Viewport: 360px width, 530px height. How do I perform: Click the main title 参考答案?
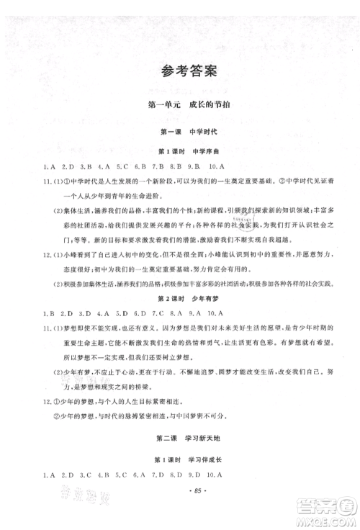[x=179, y=71]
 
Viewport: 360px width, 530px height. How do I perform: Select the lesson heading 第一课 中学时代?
[x=180, y=132]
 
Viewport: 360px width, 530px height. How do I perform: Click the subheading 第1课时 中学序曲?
[x=180, y=152]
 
